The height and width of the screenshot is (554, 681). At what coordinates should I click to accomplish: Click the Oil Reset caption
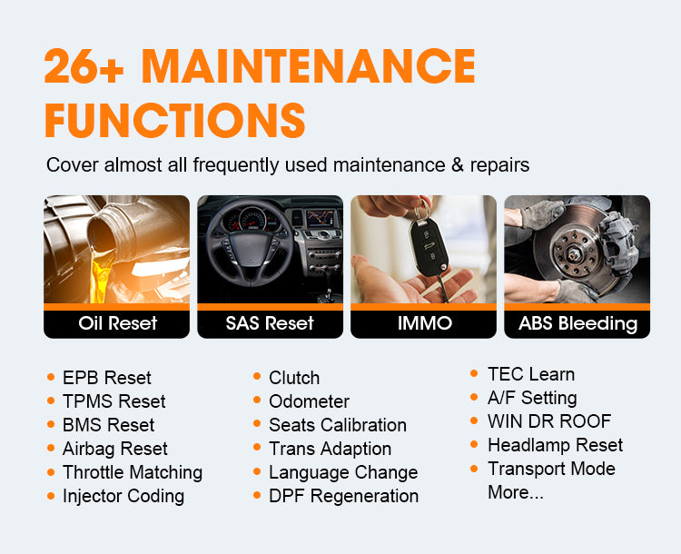point(117,323)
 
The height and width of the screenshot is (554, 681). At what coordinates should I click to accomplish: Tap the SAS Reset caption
point(270,323)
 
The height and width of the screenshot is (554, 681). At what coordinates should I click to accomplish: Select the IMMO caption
point(424,323)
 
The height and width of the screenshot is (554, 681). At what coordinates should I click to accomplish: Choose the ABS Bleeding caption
point(577,323)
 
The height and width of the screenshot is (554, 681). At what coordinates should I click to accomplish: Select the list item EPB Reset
point(106,378)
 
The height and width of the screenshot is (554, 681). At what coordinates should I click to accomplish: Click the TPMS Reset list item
point(113,401)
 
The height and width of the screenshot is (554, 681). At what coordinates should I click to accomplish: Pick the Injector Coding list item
point(123,496)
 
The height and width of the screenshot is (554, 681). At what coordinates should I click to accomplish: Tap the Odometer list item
point(309,401)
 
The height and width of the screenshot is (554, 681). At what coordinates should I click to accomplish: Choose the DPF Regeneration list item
point(343,496)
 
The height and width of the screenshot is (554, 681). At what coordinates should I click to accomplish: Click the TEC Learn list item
point(530,374)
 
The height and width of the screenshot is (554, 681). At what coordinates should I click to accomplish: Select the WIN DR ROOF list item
point(548,421)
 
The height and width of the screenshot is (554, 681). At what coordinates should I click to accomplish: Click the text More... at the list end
point(515,492)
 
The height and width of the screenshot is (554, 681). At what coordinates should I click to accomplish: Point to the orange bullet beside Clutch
point(257,378)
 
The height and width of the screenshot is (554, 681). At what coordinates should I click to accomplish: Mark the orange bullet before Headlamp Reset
point(475,445)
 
